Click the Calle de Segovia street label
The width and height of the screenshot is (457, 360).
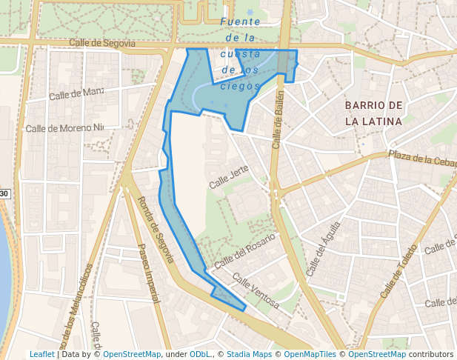102,43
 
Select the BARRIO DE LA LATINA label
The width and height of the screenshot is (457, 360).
373,113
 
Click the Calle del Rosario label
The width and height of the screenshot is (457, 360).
244,251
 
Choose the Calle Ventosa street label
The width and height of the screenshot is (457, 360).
256,290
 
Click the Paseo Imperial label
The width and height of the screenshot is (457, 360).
149,274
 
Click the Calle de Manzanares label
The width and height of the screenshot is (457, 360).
76,93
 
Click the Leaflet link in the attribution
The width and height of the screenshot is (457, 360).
41,354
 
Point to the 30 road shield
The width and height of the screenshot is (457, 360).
4,194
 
